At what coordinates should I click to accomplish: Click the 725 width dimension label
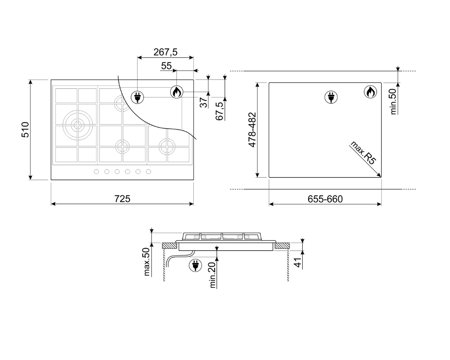(x=122, y=199)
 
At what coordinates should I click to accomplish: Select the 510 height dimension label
(x=25, y=130)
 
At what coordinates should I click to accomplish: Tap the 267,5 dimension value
(x=165, y=52)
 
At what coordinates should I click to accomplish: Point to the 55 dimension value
(x=166, y=66)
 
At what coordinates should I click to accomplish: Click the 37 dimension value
(x=204, y=102)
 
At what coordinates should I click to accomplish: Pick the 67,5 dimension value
(x=220, y=111)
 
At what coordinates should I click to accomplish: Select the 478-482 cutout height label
(x=252, y=130)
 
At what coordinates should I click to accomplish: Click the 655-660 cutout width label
(x=325, y=199)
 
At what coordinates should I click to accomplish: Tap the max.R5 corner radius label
(x=363, y=152)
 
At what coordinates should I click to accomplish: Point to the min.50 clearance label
(x=393, y=102)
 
